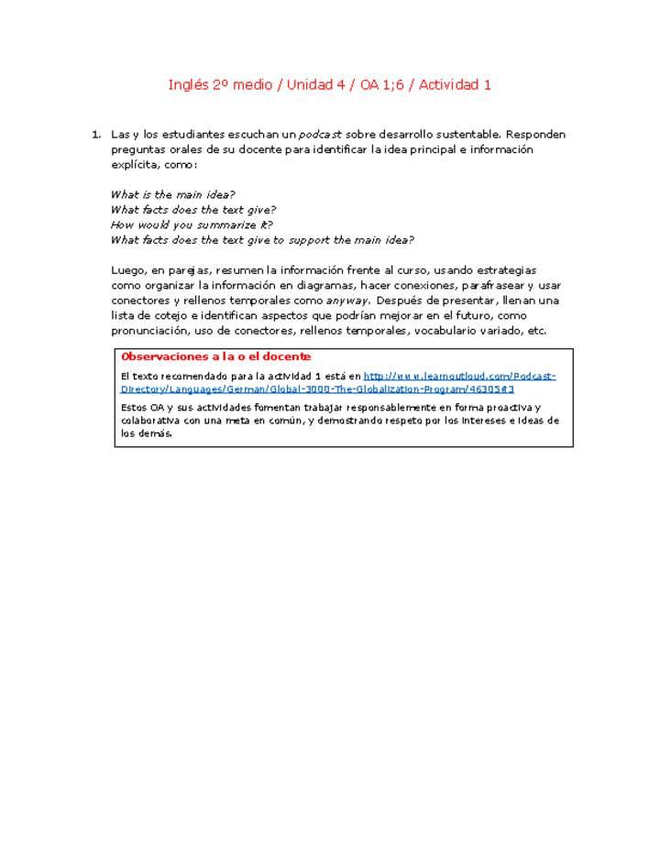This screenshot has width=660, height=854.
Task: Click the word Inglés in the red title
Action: pos(188,85)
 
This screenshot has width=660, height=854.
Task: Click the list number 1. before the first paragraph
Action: pos(95,135)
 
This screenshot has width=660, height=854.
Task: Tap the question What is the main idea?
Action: pos(172,194)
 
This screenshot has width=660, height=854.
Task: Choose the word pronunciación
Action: pos(153,331)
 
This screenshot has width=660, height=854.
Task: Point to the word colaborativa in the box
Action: pos(151,421)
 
